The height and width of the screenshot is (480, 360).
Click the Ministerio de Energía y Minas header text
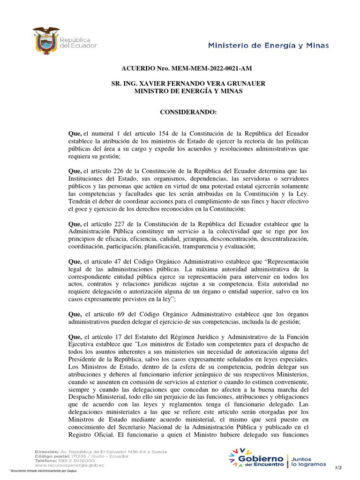click(268, 45)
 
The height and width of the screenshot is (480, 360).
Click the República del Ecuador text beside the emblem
click(78, 43)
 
